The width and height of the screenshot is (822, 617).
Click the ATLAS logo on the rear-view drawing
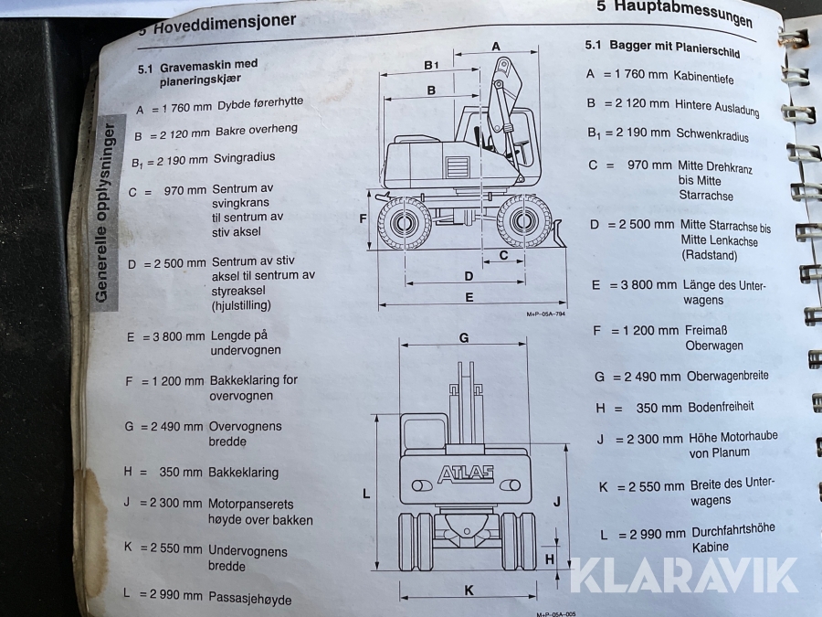(x=466, y=473)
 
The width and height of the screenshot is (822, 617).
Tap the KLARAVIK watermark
(x=683, y=576)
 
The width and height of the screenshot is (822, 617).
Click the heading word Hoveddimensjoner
(x=225, y=24)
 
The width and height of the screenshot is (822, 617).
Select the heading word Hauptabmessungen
(x=683, y=13)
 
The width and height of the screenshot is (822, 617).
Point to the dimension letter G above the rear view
(x=463, y=338)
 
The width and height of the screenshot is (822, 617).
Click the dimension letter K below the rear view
(x=469, y=590)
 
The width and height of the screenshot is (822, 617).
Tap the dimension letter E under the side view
(x=469, y=297)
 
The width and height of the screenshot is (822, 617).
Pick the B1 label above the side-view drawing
(x=431, y=65)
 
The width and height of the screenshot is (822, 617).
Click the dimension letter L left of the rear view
(x=366, y=494)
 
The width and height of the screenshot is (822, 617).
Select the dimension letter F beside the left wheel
(x=363, y=218)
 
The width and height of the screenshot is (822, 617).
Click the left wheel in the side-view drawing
(x=405, y=223)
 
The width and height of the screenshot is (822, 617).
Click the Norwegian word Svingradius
(x=244, y=158)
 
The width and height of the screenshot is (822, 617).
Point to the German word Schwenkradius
(x=711, y=135)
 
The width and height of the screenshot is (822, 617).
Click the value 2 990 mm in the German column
(x=658, y=534)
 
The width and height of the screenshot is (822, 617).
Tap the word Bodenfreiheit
(x=721, y=407)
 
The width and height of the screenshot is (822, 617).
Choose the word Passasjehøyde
(x=250, y=598)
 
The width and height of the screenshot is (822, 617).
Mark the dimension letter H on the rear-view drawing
(x=550, y=559)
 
